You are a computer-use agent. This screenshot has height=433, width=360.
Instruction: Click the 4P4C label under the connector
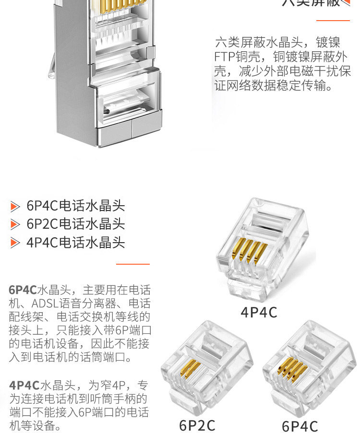259,313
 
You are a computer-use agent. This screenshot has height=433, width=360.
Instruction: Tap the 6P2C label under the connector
197,425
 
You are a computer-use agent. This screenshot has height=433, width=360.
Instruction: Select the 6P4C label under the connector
300,426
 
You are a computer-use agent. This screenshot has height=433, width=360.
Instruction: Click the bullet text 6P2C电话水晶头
76,224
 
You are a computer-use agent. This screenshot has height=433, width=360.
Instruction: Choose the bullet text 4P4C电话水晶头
76,242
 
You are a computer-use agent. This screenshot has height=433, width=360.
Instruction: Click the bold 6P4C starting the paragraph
23,290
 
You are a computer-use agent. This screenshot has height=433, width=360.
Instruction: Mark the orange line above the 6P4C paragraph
133,264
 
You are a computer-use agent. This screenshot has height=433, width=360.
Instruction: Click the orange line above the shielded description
333,21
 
